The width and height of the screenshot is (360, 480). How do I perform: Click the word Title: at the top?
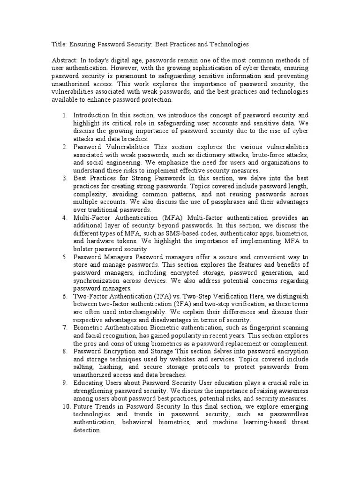pos(59,44)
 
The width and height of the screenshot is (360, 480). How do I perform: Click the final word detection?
pos(87,431)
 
